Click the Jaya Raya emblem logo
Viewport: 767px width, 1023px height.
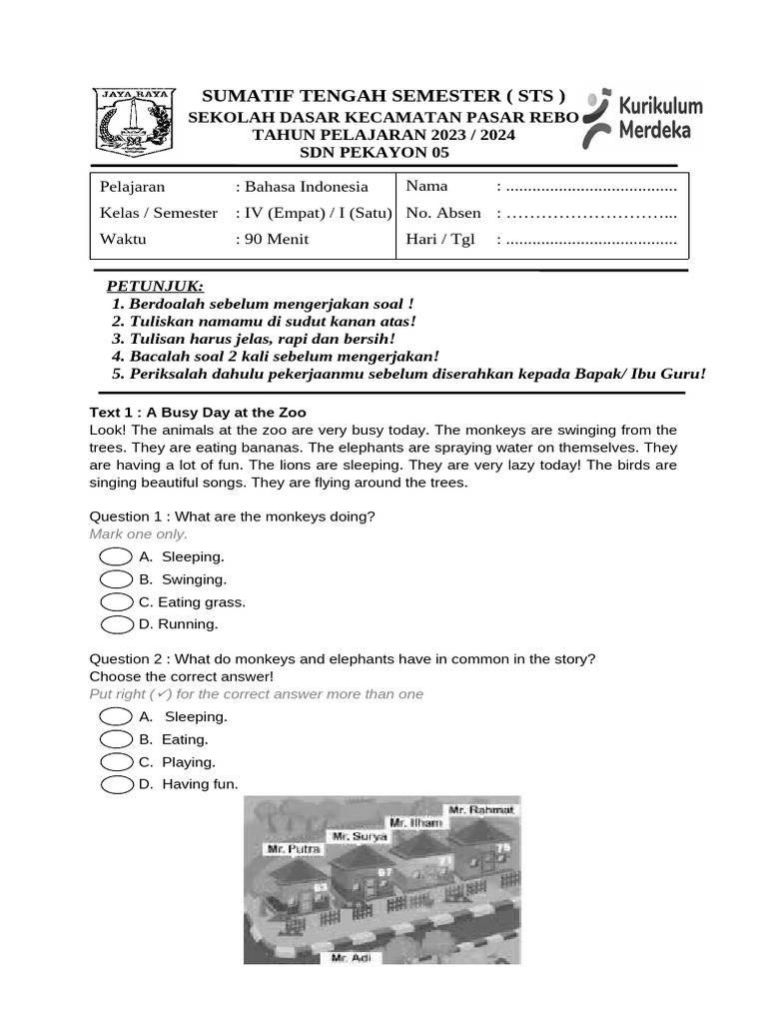click(x=133, y=122)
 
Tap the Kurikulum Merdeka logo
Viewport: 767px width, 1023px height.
click(x=644, y=119)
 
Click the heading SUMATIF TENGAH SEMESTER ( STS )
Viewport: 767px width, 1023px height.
click(x=383, y=96)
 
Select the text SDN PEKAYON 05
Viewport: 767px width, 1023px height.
click(x=375, y=153)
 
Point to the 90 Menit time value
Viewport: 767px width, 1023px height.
click(x=276, y=239)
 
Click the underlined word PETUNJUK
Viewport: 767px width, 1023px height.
click(x=155, y=287)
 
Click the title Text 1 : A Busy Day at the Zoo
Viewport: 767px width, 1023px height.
click(x=198, y=412)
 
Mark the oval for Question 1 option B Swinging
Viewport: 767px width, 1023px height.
click(x=117, y=579)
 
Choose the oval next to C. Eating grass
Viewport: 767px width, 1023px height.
click(x=117, y=602)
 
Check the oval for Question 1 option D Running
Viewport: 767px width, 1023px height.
click(x=117, y=624)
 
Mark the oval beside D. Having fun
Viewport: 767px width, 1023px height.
click(x=117, y=784)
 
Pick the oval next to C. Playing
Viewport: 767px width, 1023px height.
click(x=117, y=762)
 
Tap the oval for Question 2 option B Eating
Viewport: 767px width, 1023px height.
click(x=117, y=739)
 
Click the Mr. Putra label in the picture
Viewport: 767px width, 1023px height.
click(x=294, y=848)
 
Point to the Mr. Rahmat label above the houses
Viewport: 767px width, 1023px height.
click(x=481, y=809)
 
